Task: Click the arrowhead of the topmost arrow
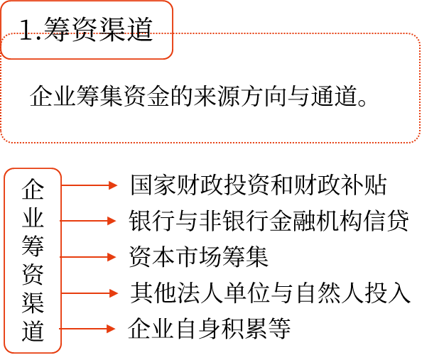[x=114, y=185]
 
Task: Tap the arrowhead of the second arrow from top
[x=112, y=221]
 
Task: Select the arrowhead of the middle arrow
[x=112, y=257]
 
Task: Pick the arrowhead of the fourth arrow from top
[x=114, y=293]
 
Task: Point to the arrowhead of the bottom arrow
[x=112, y=329]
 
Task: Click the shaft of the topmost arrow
[x=85, y=185]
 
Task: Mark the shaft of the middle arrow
[x=84, y=257]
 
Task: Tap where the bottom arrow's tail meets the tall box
[x=61, y=329]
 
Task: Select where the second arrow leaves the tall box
[x=61, y=221]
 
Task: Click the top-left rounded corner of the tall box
[x=7, y=171]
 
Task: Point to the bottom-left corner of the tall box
[x=7, y=350]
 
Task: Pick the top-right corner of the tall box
[x=59, y=171]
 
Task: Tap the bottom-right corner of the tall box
[x=59, y=350]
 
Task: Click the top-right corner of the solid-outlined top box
[x=170, y=4]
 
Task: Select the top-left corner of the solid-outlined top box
[x=4, y=4]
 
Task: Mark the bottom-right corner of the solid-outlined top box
[x=170, y=56]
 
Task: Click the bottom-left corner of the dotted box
[x=4, y=140]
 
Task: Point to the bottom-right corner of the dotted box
[x=417, y=140]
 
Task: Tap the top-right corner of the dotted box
[x=417, y=36]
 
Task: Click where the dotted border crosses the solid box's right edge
[x=173, y=33]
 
